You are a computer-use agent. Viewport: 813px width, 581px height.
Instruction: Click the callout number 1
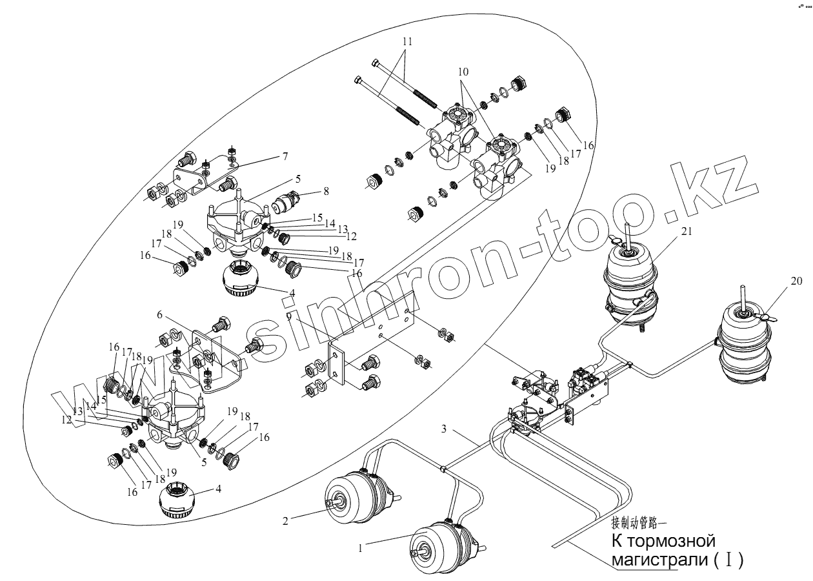click(362, 547)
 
